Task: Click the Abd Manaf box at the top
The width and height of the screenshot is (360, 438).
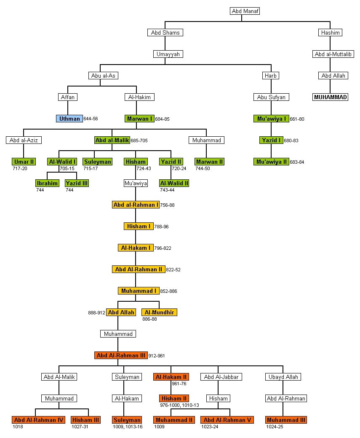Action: click(x=245, y=11)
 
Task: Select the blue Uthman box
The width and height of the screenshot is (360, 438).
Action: click(x=69, y=119)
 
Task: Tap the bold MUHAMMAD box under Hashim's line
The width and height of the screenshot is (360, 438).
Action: click(x=331, y=97)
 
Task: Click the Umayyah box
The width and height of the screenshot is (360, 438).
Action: click(x=168, y=54)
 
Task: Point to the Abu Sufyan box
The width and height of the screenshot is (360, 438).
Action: click(x=271, y=97)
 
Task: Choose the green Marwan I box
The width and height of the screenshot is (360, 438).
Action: click(x=139, y=119)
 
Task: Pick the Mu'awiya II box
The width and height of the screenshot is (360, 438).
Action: click(x=271, y=162)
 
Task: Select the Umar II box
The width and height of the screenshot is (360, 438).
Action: click(x=24, y=162)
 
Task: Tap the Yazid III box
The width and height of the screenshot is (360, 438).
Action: click(x=77, y=183)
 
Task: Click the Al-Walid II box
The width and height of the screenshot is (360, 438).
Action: click(x=174, y=183)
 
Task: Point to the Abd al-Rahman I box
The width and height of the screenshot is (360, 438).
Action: click(x=136, y=205)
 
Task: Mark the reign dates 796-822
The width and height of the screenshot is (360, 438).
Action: click(x=163, y=248)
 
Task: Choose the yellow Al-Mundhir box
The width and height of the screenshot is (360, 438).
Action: click(x=159, y=312)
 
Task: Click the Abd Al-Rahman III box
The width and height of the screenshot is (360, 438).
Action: click(x=121, y=355)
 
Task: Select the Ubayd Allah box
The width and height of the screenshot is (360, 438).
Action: click(x=283, y=377)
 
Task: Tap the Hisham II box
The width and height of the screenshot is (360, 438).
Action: click(x=174, y=398)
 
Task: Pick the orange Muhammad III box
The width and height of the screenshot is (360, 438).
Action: click(x=286, y=420)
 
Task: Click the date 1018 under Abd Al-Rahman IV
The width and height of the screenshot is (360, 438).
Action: click(x=18, y=427)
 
